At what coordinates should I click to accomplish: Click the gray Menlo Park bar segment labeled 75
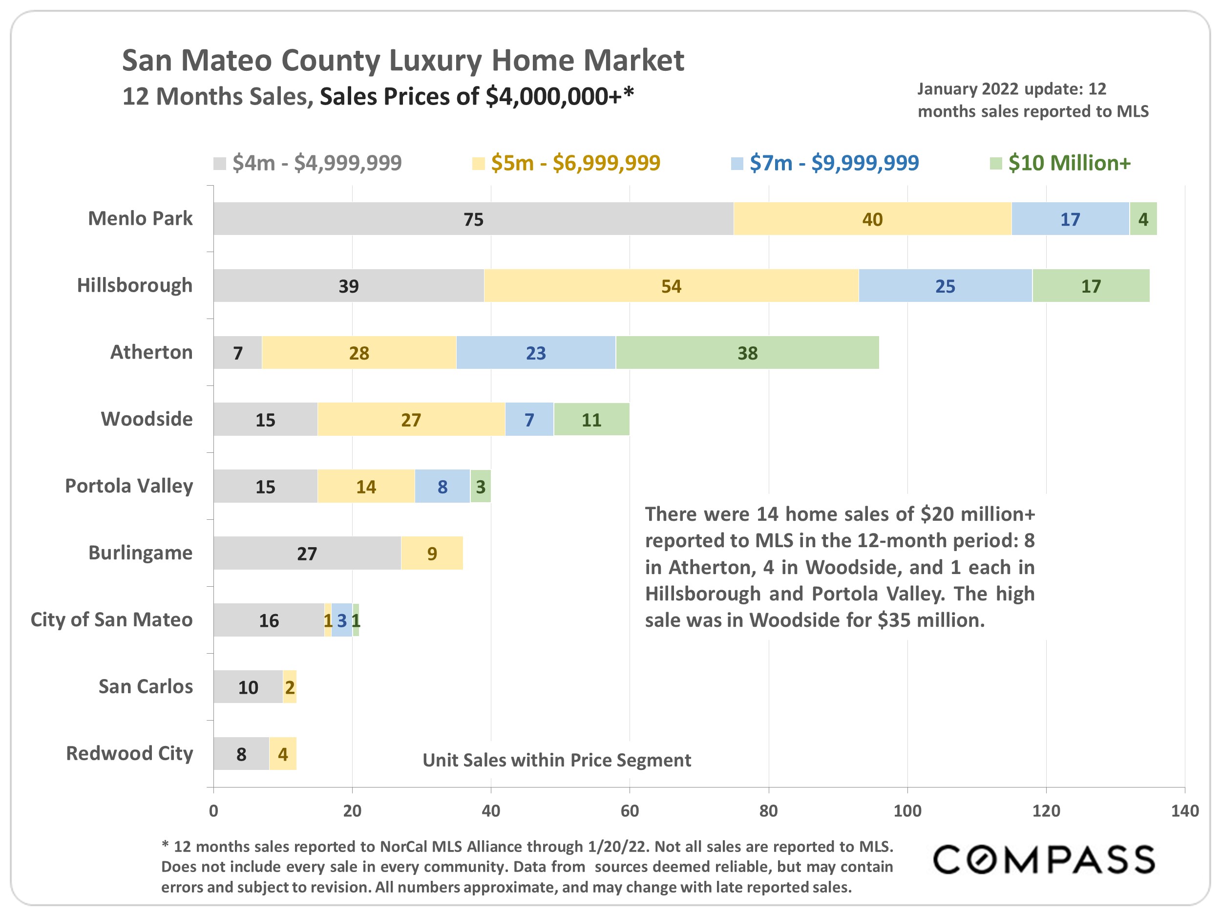(473, 219)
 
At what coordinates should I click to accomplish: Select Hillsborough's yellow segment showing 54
(671, 286)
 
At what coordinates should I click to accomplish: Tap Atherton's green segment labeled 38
(747, 353)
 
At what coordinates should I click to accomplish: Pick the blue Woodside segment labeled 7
(529, 420)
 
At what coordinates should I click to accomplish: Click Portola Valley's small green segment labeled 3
(480, 487)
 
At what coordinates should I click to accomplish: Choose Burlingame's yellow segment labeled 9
(432, 553)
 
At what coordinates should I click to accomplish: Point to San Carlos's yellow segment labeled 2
(290, 687)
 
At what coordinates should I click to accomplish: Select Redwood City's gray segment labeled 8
(241, 754)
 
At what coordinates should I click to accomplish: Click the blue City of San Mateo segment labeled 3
(342, 620)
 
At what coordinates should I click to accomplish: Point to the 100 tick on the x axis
(907, 810)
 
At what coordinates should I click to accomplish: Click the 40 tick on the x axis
(491, 810)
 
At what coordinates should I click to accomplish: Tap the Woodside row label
(147, 419)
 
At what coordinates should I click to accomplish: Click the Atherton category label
(151, 352)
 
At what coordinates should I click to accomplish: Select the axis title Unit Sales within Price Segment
(556, 760)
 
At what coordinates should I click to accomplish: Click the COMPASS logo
(1043, 860)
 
